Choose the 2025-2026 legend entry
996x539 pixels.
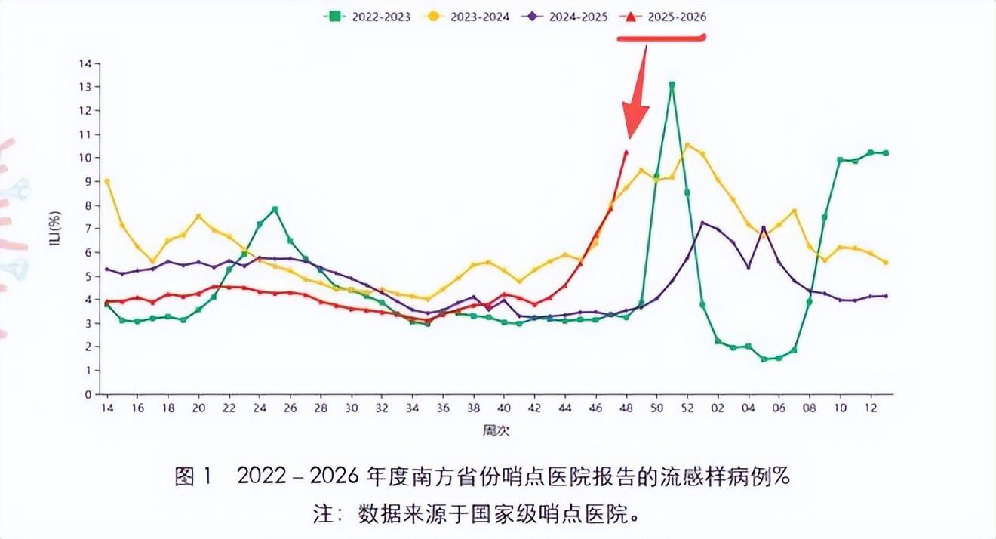pyautogui.click(x=663, y=16)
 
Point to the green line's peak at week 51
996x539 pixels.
pyautogui.click(x=672, y=85)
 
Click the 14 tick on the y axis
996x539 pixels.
pyautogui.click(x=85, y=63)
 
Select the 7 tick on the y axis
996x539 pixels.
pyautogui.click(x=88, y=229)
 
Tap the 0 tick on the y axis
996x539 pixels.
pyautogui.click(x=88, y=394)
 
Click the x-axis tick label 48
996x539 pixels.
pyautogui.click(x=626, y=408)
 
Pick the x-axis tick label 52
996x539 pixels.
pyautogui.click(x=687, y=408)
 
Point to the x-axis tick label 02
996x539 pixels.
pyautogui.click(x=718, y=408)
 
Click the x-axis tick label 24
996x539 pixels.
pyautogui.click(x=260, y=408)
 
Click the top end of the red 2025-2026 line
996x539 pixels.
pyautogui.click(x=626, y=152)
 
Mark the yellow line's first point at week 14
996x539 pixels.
pyautogui.click(x=107, y=181)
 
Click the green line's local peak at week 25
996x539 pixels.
pyautogui.click(x=275, y=209)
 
